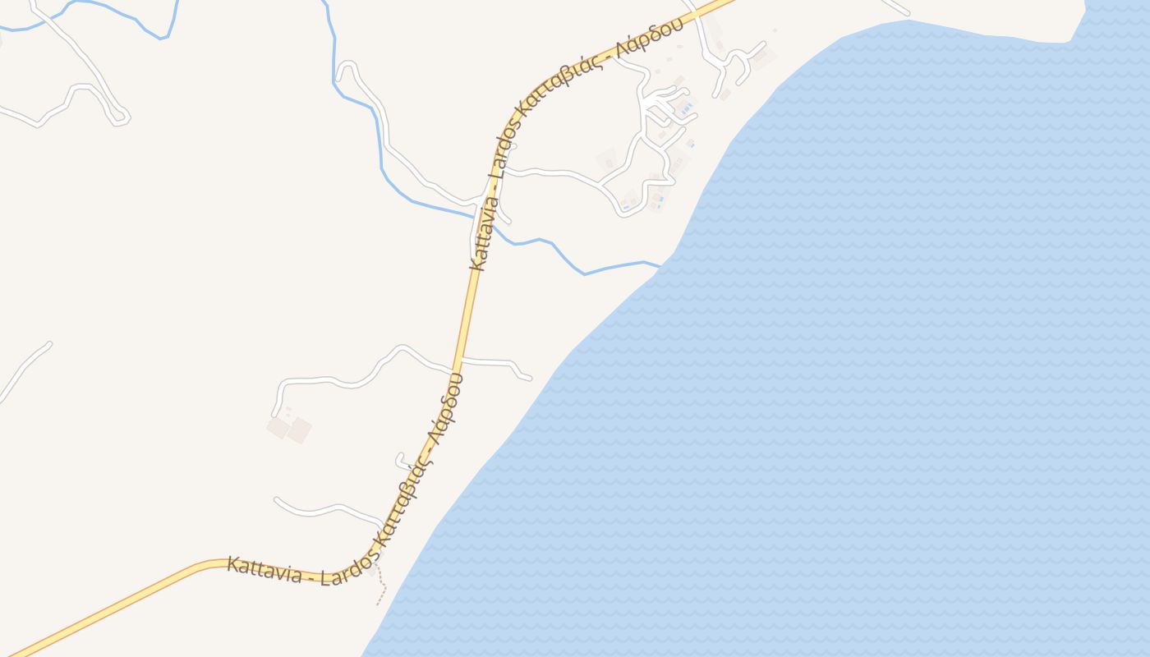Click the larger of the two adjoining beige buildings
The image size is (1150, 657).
pyautogui.click(x=299, y=430)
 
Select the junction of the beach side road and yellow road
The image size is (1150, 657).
pyautogui.click(x=462, y=360)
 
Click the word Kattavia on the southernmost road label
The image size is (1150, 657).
pyautogui.click(x=264, y=568)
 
